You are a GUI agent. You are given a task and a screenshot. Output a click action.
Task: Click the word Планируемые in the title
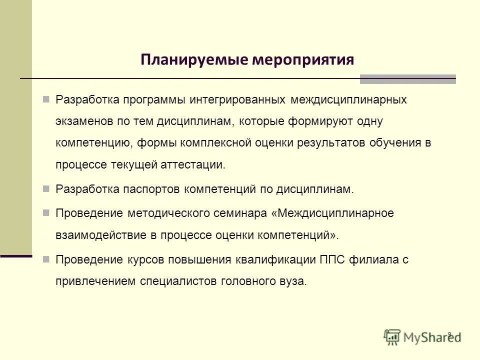tap(193, 60)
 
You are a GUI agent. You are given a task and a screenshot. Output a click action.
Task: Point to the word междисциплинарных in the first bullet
tap(349, 99)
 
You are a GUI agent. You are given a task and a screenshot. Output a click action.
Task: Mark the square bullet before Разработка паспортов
tap(46, 189)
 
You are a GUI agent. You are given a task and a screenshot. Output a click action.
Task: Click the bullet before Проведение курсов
tap(46, 259)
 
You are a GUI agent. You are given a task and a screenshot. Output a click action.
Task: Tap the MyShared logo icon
tap(392, 336)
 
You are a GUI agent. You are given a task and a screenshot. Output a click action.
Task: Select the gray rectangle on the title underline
tap(407, 79)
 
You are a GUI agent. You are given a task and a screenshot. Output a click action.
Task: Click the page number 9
tap(449, 334)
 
